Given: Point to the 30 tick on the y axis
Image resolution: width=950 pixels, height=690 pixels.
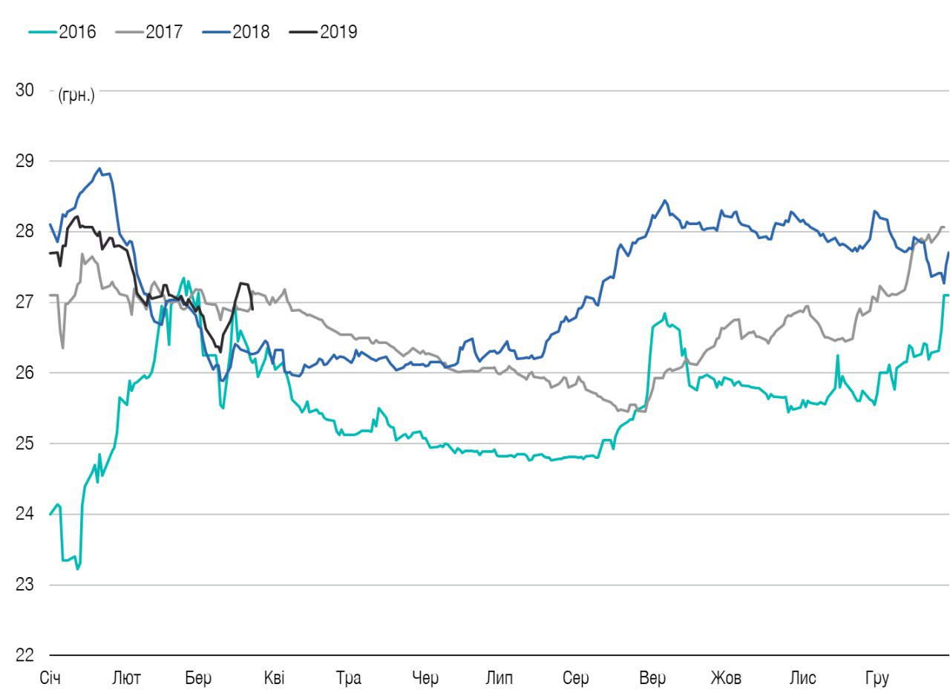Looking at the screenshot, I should tap(24, 91).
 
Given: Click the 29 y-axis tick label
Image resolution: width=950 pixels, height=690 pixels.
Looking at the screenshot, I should tap(24, 161).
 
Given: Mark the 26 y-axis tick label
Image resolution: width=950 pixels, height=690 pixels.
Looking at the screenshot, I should tap(24, 373).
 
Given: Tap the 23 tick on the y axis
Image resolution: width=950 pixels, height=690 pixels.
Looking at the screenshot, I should tap(24, 585).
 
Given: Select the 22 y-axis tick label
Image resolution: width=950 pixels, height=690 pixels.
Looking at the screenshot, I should tap(24, 655).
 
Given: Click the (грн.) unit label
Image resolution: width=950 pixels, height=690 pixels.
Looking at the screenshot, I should tap(76, 96).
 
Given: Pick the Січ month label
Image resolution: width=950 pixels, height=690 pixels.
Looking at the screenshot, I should tap(50, 678).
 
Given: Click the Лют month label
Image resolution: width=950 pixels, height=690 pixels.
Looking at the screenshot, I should tap(126, 678).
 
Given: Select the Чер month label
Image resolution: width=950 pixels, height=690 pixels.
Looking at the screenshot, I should tap(425, 678).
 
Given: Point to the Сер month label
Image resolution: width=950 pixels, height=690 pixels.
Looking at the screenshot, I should tap(575, 678).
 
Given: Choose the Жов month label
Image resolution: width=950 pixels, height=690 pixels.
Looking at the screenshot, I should tap(725, 678).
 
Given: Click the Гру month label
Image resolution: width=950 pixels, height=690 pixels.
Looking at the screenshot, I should tap(877, 678).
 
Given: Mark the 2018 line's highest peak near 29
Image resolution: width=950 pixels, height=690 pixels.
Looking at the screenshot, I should tap(99, 169).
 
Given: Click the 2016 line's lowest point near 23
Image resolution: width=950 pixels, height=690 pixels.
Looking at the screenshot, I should tap(77, 569).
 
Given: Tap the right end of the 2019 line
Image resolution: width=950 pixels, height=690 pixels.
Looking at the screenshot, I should tap(252, 309).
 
